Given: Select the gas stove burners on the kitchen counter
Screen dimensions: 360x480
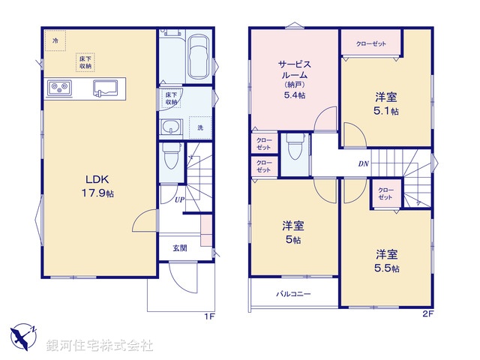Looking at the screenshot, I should click(x=59, y=88).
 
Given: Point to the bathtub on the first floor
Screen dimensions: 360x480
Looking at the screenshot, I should click(x=199, y=57).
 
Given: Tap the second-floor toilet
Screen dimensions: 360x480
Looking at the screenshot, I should click(x=295, y=151).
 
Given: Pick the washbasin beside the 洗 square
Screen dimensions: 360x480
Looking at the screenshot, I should click(x=172, y=127).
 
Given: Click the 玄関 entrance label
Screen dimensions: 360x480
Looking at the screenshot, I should click(x=180, y=248).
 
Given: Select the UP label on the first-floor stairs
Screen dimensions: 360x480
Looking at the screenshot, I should click(x=180, y=199).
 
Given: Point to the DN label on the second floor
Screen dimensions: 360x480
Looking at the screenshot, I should click(x=363, y=164).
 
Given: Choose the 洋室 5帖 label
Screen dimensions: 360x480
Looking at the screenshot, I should click(x=292, y=232).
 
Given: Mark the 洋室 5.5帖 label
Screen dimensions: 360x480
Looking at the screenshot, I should click(x=387, y=260).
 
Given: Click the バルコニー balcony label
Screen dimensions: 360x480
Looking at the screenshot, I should click(x=292, y=294).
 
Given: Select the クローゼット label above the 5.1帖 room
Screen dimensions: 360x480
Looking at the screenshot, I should click(x=371, y=43).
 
